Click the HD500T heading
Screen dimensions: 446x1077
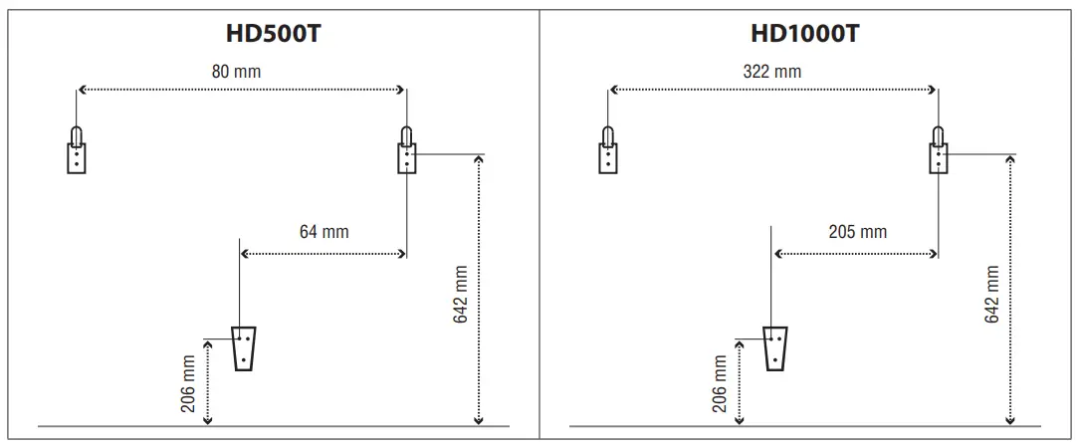pyautogui.click(x=273, y=33)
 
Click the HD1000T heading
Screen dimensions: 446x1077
pyautogui.click(x=804, y=33)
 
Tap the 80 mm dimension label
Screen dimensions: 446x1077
pyautogui.click(x=237, y=72)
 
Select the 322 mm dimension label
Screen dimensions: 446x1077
pyautogui.click(x=771, y=72)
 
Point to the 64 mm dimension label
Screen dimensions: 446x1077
pyautogui.click(x=323, y=232)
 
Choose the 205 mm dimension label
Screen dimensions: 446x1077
pyautogui.click(x=857, y=232)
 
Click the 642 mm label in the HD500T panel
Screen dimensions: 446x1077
pyautogui.click(x=461, y=294)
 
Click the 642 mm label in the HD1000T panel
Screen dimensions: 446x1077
pyautogui.click(x=991, y=294)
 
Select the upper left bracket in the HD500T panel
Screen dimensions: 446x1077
pyautogui.click(x=77, y=150)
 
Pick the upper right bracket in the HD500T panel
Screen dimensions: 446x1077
pyautogui.click(x=406, y=150)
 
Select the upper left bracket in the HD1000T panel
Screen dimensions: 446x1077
pyautogui.click(x=607, y=150)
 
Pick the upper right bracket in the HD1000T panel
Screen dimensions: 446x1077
pyautogui.click(x=937, y=150)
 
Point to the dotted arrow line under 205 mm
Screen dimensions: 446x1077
pyautogui.click(x=855, y=254)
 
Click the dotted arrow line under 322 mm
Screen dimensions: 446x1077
pyautogui.click(x=772, y=91)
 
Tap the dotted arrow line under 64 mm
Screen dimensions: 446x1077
pyautogui.click(x=323, y=254)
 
